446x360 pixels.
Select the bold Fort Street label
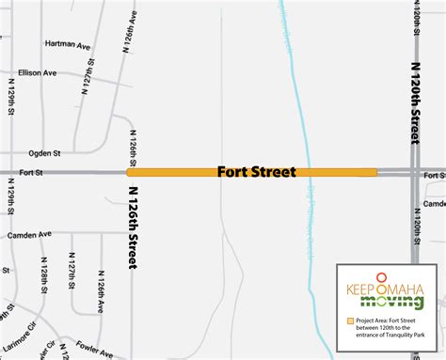(x=256, y=172)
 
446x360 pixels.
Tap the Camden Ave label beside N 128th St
(x=28, y=235)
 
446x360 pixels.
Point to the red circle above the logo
(x=382, y=274)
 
